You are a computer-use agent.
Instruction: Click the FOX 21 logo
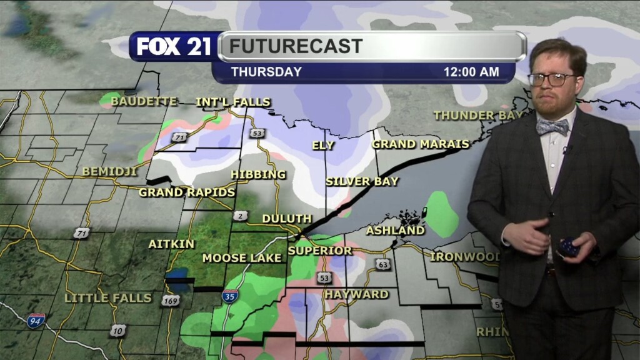tap(174, 47)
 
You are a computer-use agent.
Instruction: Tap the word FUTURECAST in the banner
tap(296, 46)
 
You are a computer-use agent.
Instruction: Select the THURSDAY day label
tap(266, 72)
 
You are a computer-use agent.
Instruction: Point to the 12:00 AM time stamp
tap(471, 72)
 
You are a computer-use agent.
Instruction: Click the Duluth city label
tap(287, 219)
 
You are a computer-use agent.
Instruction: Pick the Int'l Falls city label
tap(233, 102)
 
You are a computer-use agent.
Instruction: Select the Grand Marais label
tap(421, 144)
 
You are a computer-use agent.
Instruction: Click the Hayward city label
tap(356, 294)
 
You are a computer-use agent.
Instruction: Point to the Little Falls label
tap(108, 297)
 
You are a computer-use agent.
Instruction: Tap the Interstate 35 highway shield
tap(229, 296)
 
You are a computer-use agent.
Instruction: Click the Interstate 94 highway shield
tap(36, 321)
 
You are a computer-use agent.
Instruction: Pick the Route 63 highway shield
tap(383, 264)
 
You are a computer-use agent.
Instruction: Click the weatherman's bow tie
tap(552, 127)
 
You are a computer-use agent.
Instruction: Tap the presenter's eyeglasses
tap(551, 79)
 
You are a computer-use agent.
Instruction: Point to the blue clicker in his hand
tap(569, 247)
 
